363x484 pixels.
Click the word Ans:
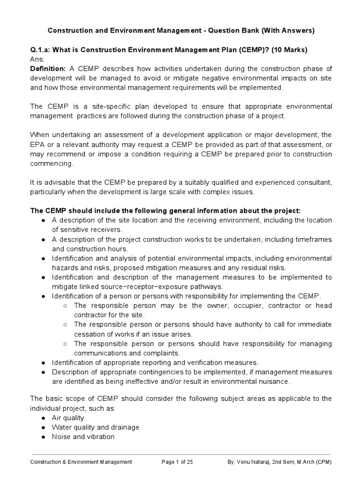[x=37, y=60]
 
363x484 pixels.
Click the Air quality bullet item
[x=68, y=418]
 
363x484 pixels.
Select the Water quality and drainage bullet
[x=95, y=427]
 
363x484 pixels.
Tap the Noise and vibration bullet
[x=83, y=437]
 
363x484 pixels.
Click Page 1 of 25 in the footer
[x=177, y=462]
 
